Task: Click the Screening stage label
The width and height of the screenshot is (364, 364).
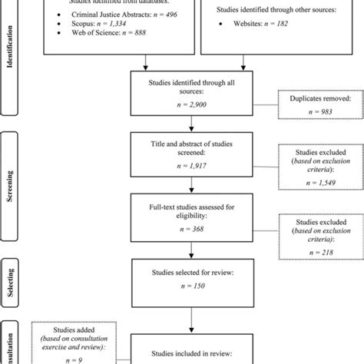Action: [10, 174]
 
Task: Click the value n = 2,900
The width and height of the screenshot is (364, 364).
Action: [182, 109]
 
